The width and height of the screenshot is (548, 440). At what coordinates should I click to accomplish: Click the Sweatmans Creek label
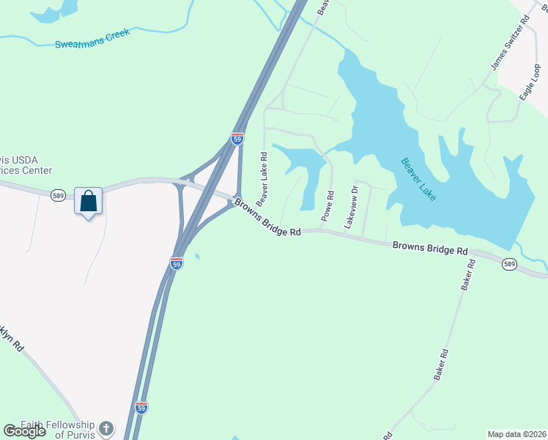[x=92, y=39]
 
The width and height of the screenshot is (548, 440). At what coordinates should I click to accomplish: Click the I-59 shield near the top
[x=237, y=138]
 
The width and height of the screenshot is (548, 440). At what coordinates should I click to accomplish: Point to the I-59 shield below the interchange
[x=177, y=263]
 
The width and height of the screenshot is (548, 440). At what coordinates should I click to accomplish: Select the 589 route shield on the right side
[x=510, y=264]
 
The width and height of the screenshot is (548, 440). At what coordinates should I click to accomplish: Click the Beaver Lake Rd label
[x=262, y=178]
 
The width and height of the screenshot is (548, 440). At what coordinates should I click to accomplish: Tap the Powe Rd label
[x=327, y=207]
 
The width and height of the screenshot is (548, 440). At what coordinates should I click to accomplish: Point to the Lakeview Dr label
[x=352, y=207]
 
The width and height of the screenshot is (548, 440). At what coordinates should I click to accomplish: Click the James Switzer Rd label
[x=510, y=46]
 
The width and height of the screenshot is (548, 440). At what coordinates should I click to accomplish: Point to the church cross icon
[x=107, y=428]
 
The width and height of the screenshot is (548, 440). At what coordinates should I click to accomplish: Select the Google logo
[x=25, y=431]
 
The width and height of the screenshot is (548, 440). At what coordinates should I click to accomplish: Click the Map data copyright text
[x=516, y=434]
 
